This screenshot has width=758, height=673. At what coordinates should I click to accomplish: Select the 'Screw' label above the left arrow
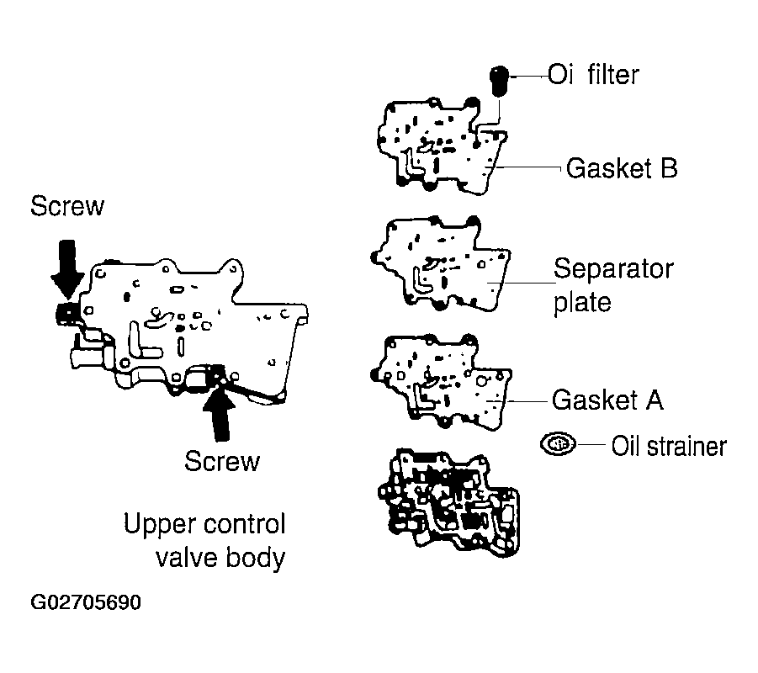tap(66, 206)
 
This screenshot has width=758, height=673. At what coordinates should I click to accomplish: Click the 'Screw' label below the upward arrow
tap(222, 461)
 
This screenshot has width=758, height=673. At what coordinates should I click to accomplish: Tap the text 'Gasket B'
tap(621, 168)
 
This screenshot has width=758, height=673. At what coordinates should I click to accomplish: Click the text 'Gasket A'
tap(607, 400)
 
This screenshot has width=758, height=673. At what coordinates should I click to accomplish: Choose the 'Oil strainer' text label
tap(668, 445)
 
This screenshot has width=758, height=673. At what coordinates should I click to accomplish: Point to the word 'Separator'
tap(612, 269)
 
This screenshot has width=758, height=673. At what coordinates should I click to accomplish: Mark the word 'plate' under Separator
tap(581, 301)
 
